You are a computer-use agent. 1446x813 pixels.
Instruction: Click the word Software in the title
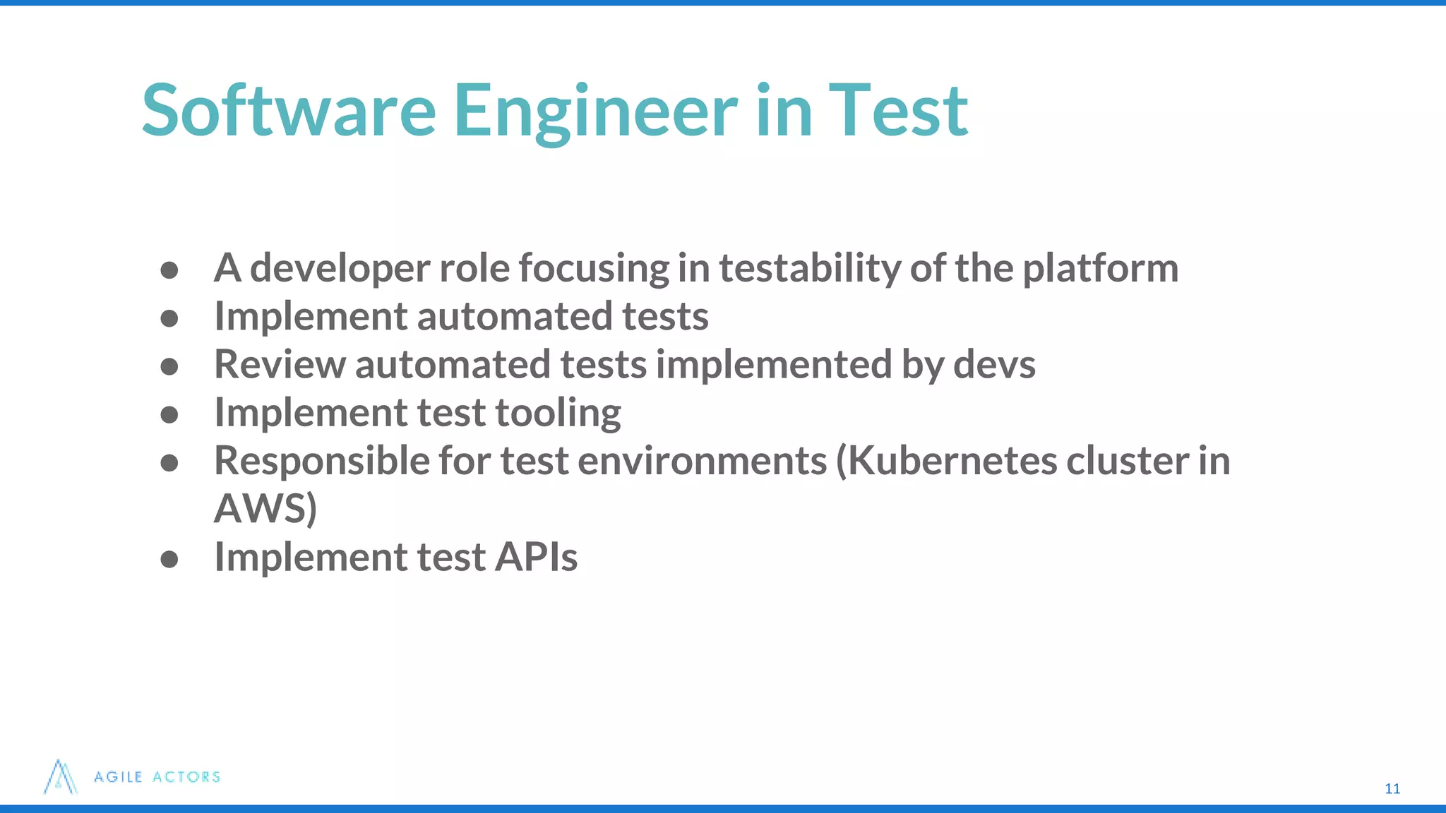coord(289,110)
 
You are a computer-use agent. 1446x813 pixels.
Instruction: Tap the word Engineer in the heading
coord(594,112)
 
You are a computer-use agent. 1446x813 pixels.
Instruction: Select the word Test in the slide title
coord(897,110)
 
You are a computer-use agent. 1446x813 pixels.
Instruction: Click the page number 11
coord(1392,789)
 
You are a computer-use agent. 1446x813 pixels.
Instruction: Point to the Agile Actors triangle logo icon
coord(60,777)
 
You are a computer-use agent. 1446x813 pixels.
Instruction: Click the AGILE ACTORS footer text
coord(157,777)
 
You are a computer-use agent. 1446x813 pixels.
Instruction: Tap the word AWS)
coord(265,509)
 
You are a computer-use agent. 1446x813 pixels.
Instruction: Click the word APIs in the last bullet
coord(536,557)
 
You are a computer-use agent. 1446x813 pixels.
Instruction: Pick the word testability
coord(809,269)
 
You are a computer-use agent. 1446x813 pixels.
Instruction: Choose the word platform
coord(1100,269)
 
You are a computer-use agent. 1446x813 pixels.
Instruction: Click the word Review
coord(280,365)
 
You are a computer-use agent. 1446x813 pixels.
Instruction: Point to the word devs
coord(994,365)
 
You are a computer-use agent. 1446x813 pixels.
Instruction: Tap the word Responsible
coord(322,461)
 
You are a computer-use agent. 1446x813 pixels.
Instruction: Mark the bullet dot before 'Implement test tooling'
coord(169,414)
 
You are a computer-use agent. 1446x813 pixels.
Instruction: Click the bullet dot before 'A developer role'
coord(169,270)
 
